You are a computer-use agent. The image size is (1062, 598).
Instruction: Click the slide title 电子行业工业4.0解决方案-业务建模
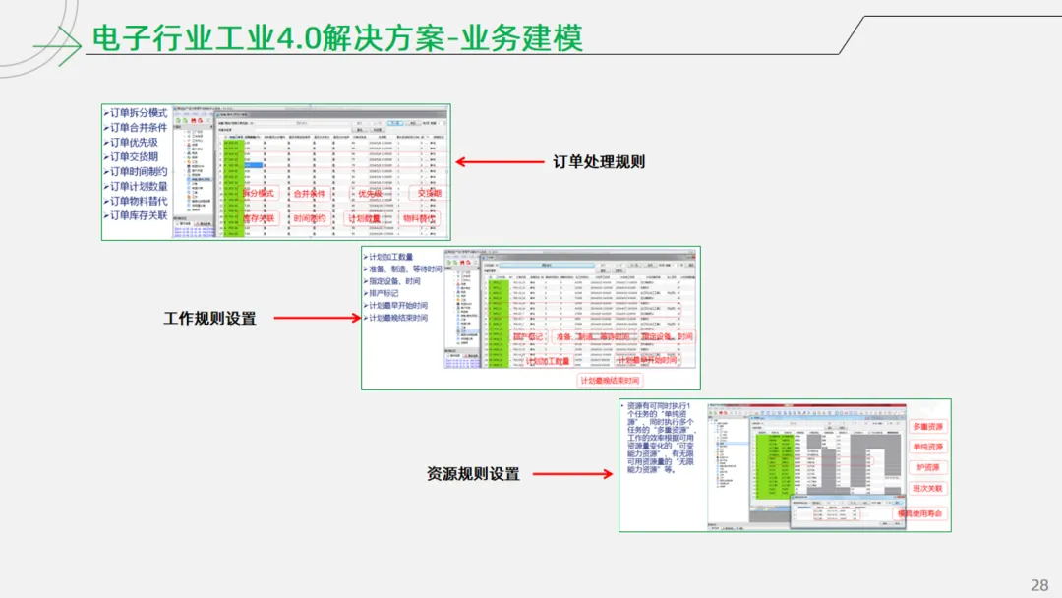[x=336, y=38]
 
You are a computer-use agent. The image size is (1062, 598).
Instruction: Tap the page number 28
[x=1039, y=585]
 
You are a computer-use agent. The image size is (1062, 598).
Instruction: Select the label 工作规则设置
[x=209, y=318]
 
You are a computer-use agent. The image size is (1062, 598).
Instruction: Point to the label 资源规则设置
[x=473, y=474]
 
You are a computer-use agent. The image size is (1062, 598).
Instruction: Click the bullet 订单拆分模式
[x=138, y=113]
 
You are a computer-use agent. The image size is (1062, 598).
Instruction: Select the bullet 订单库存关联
[x=138, y=215]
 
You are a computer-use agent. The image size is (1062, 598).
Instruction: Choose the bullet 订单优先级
[x=133, y=143]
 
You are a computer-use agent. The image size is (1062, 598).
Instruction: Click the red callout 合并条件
[x=309, y=194]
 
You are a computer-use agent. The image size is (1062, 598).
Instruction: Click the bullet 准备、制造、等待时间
[x=403, y=269]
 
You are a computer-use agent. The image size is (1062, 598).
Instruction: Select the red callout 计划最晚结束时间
[x=610, y=381]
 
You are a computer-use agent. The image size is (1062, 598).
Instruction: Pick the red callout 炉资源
[x=926, y=467]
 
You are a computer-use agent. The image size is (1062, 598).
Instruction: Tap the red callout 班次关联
[x=926, y=488]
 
